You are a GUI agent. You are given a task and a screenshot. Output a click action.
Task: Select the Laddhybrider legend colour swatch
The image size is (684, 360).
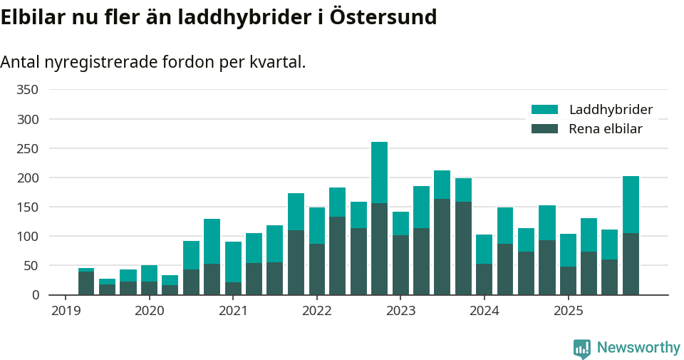coord(544,110)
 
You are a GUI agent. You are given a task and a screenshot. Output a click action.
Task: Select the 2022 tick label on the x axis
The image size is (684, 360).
coord(316,311)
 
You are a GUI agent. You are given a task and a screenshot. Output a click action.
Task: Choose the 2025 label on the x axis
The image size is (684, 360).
coord(568,311)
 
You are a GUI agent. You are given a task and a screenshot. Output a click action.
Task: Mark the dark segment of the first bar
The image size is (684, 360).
coord(86,283)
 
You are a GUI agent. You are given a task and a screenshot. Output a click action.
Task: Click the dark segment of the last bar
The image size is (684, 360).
coord(631,264)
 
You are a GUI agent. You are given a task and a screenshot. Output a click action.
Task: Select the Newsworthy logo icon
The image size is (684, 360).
coord(581,348)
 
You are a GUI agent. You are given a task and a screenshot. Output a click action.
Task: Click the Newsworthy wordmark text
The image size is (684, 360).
coord(638,348)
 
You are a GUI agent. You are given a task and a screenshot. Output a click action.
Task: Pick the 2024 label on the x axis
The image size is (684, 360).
coord(484,311)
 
